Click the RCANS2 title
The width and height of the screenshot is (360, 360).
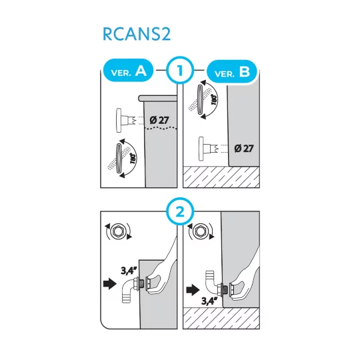137,34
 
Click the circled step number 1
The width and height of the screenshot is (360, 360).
179,69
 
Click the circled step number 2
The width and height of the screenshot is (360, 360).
179,213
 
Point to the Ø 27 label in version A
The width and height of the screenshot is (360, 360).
159,120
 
